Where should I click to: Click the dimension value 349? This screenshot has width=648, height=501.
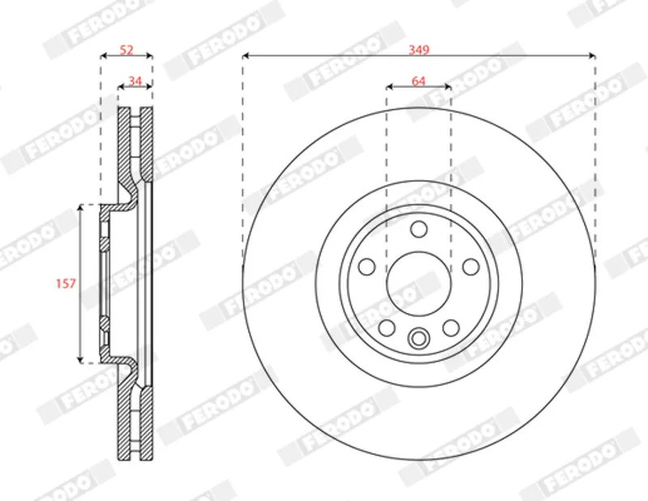[419, 49]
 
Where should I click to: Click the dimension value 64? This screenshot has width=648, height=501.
[419, 81]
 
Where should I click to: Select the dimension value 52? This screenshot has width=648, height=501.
[126, 49]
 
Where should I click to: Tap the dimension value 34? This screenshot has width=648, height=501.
[135, 81]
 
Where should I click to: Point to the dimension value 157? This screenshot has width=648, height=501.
[66, 284]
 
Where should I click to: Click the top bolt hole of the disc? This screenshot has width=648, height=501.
[419, 229]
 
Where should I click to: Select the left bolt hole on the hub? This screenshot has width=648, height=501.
[367, 267]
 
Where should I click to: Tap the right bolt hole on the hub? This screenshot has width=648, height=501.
[471, 267]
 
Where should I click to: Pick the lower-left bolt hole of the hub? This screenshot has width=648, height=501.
[386, 328]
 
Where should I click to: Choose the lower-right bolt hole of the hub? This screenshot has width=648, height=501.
[451, 328]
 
